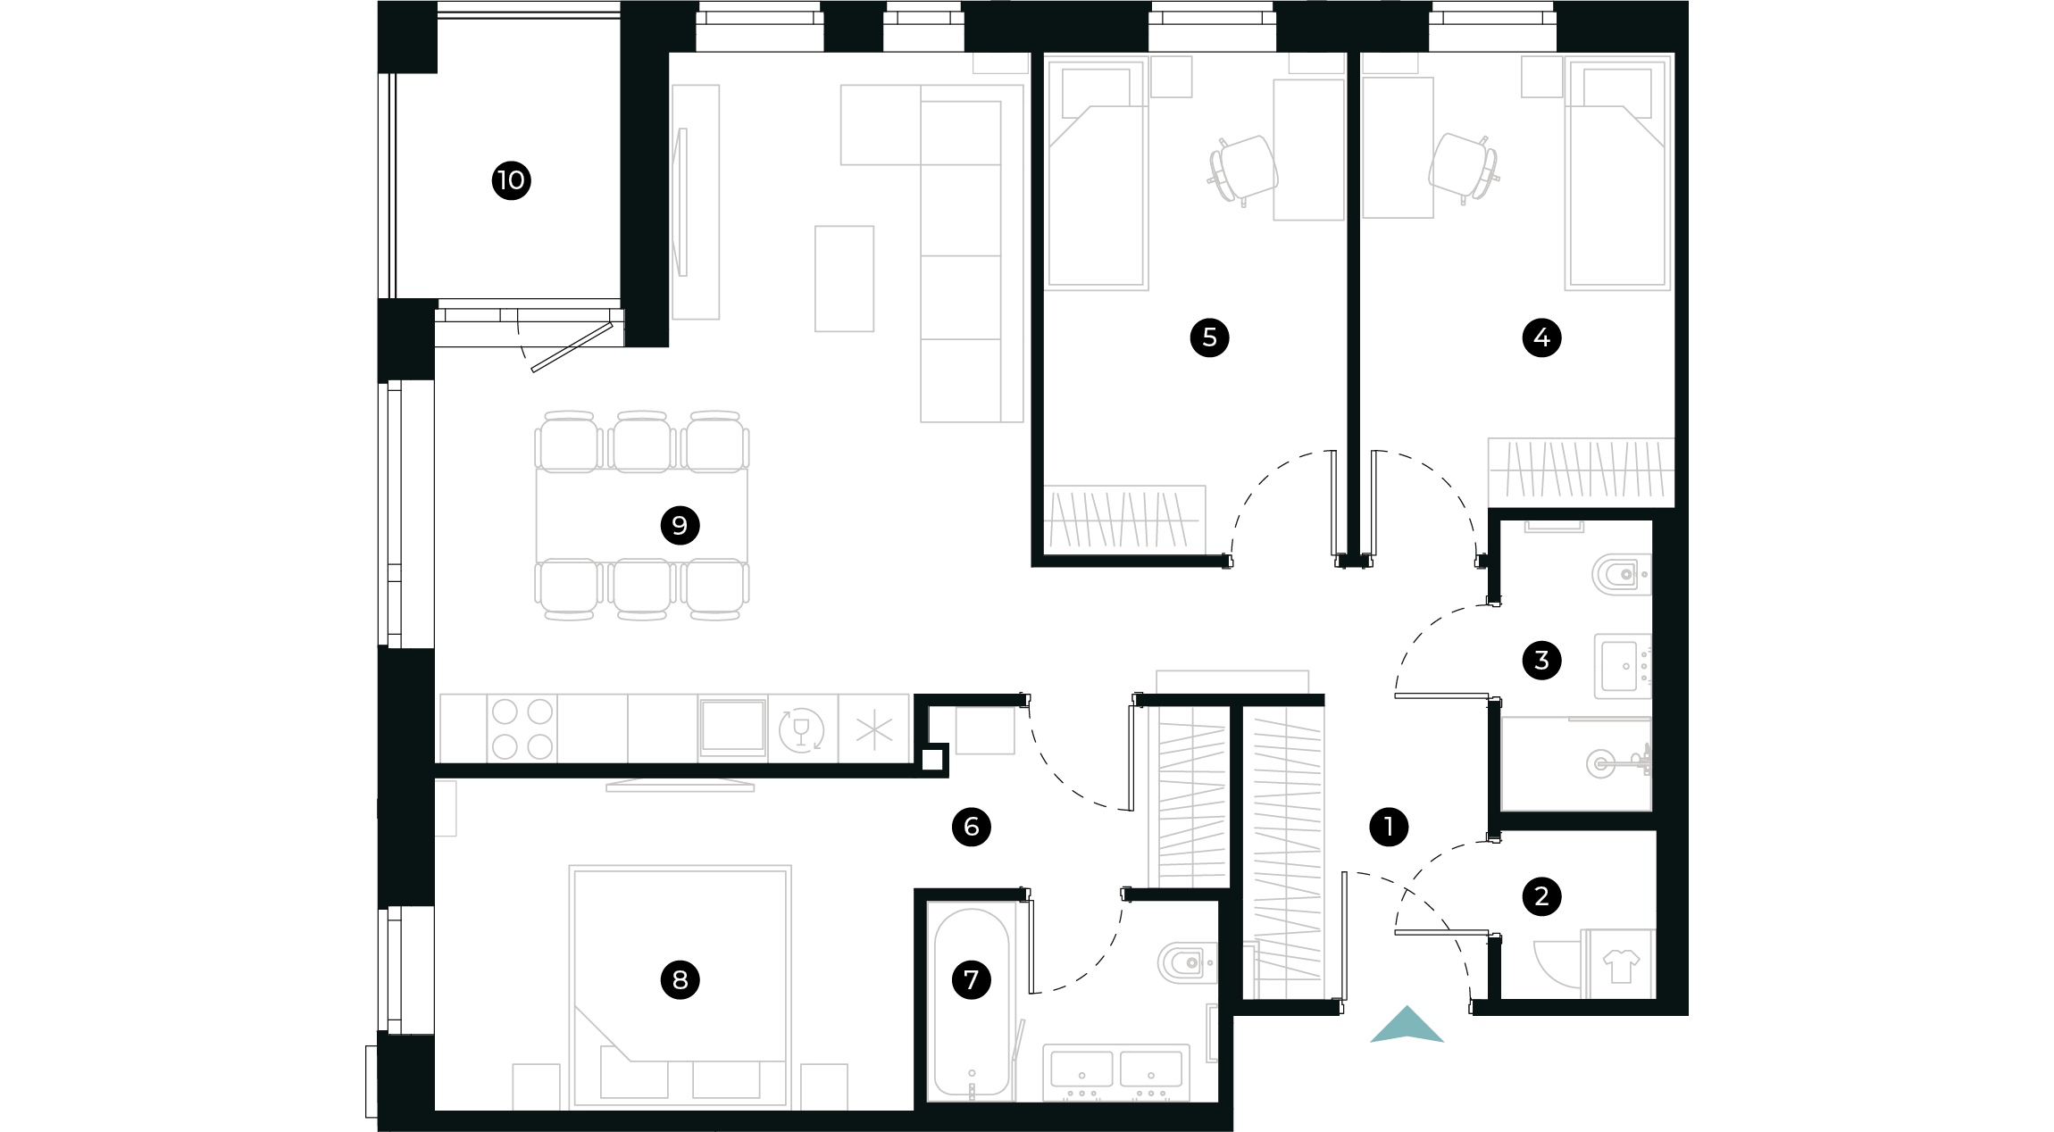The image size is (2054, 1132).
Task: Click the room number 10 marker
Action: [511, 180]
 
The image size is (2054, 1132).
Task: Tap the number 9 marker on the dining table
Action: [680, 525]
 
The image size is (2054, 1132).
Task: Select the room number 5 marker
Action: [1209, 337]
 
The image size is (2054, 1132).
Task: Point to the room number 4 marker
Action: [1541, 337]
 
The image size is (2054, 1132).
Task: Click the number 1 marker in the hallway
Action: [1389, 827]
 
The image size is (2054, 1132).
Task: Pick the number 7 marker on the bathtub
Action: [972, 979]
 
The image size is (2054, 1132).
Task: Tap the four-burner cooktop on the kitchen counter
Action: [522, 728]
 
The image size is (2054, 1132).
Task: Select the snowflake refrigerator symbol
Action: [873, 730]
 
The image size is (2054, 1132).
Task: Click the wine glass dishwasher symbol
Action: [801, 730]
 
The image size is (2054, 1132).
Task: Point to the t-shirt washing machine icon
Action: [1620, 965]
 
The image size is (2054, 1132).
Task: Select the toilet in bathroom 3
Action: [1620, 575]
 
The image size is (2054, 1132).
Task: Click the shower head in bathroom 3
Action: [1600, 763]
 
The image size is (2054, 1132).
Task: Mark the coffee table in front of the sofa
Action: [844, 279]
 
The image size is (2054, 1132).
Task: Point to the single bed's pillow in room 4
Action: [1616, 90]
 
